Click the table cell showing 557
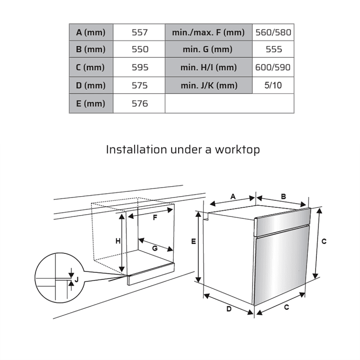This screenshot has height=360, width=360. [139, 32]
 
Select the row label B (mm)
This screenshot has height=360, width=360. [90, 49]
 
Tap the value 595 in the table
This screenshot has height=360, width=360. [139, 67]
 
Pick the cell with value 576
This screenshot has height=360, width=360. [139, 103]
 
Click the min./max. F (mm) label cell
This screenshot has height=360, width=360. [208, 32]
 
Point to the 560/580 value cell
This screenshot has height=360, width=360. [273, 32]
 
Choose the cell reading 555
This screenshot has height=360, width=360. [273, 49]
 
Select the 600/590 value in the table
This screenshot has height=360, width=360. [273, 67]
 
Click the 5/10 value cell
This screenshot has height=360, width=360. [273, 85]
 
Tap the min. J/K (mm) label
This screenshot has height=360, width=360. [208, 85]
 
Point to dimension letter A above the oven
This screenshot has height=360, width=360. [233, 196]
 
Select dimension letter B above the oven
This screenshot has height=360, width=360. [283, 196]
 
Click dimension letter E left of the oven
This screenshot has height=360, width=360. [193, 242]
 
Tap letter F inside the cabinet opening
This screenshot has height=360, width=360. [155, 218]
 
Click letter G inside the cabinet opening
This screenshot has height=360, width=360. [154, 248]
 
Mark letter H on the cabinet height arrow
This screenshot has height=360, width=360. [117, 241]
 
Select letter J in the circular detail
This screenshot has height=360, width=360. [76, 279]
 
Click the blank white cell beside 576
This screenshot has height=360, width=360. [229, 103]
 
